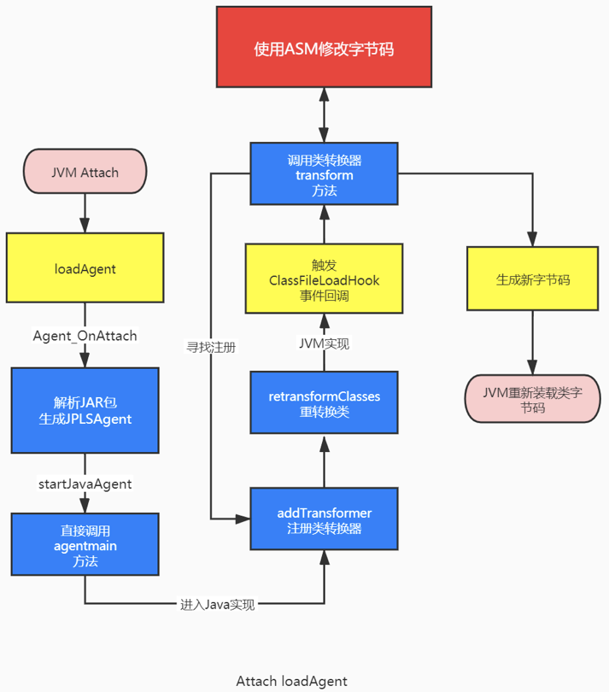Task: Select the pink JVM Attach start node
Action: pos(85,173)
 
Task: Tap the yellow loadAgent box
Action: pos(85,268)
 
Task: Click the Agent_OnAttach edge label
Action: pos(85,335)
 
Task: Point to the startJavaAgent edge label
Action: pos(85,484)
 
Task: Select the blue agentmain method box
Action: pos(85,545)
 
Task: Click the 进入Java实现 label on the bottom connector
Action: pos(217,604)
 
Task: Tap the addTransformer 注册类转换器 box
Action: pos(324,519)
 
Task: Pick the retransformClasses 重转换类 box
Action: pos(324,403)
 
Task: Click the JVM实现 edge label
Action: pos(324,343)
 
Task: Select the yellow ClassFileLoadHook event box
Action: pos(324,279)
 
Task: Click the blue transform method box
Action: pos(324,174)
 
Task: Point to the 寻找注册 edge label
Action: pos(211,348)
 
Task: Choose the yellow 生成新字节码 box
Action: pos(533,279)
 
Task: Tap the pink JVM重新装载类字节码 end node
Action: pos(533,399)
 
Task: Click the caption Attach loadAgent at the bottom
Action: pos(291,681)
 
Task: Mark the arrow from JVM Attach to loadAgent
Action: pos(85,213)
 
